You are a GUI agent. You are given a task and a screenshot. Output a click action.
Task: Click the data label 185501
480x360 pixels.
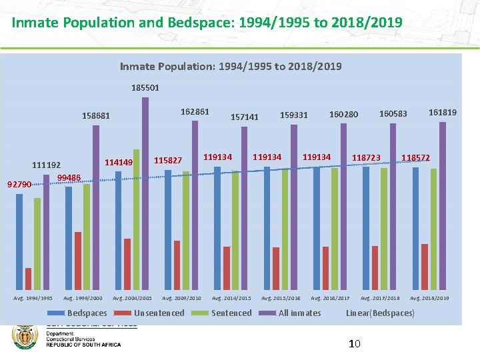coord(145,87)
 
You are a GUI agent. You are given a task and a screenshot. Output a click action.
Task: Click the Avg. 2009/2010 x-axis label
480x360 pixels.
coord(181,298)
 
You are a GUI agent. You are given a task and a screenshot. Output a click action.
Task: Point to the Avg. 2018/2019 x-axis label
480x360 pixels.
coord(429,298)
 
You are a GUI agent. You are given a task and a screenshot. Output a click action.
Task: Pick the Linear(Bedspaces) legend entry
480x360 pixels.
coord(380,313)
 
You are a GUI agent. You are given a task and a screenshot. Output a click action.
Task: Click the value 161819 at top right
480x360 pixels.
coord(443,113)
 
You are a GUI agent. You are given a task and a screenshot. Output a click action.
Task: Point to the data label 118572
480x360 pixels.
coord(415,158)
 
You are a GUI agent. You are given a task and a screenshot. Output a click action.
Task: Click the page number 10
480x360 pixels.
coord(355,344)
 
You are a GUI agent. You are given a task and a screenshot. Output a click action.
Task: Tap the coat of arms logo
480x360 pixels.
coord(25,337)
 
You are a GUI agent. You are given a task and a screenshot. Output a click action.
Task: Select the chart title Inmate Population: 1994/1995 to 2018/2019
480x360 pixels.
coord(231,66)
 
